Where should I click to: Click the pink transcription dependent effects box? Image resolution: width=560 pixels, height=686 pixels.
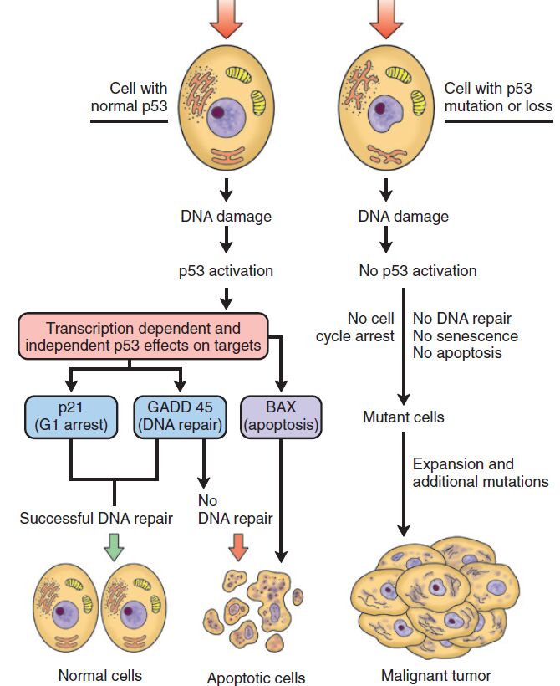[x=144, y=337]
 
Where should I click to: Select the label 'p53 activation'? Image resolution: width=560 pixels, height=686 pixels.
[x=226, y=271]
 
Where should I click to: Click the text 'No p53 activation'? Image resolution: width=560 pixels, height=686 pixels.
[x=417, y=271]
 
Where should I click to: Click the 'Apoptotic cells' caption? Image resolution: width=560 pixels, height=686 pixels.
[x=256, y=678]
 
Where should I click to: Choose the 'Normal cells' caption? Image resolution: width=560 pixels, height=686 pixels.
[x=99, y=675]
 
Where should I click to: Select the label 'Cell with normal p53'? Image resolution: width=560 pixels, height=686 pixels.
[x=138, y=97]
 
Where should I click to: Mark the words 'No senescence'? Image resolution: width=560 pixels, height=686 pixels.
[x=466, y=335]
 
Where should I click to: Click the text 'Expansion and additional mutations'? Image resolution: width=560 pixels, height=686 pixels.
[x=481, y=473]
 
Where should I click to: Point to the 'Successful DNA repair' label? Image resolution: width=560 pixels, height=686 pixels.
[x=96, y=519]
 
